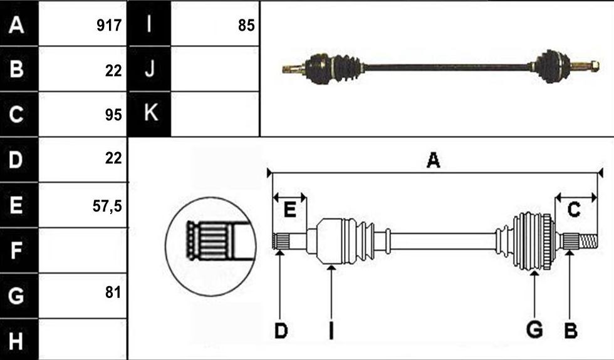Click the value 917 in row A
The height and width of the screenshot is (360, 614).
click(x=109, y=26)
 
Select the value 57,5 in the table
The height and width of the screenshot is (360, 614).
click(x=107, y=206)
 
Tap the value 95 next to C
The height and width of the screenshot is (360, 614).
click(x=113, y=115)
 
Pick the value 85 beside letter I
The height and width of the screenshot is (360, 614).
click(x=246, y=26)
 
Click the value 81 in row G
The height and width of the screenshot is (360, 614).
click(x=113, y=292)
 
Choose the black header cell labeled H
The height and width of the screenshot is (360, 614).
click(x=19, y=339)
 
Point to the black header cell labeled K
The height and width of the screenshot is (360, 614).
click(x=149, y=114)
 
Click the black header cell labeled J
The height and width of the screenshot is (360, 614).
click(x=149, y=69)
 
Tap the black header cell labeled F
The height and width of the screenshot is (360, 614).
click(x=19, y=250)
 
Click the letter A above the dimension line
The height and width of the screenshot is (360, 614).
click(x=433, y=160)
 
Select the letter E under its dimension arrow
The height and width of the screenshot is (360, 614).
click(x=289, y=210)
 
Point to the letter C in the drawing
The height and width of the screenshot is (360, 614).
click(x=574, y=210)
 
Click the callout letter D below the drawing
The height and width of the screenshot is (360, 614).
click(x=281, y=331)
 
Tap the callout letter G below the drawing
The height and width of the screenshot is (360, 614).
click(x=534, y=329)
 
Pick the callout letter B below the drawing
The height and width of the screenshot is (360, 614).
click(x=571, y=331)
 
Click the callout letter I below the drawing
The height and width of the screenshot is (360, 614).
click(x=331, y=331)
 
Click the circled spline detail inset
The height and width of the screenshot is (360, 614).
click(x=211, y=246)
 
